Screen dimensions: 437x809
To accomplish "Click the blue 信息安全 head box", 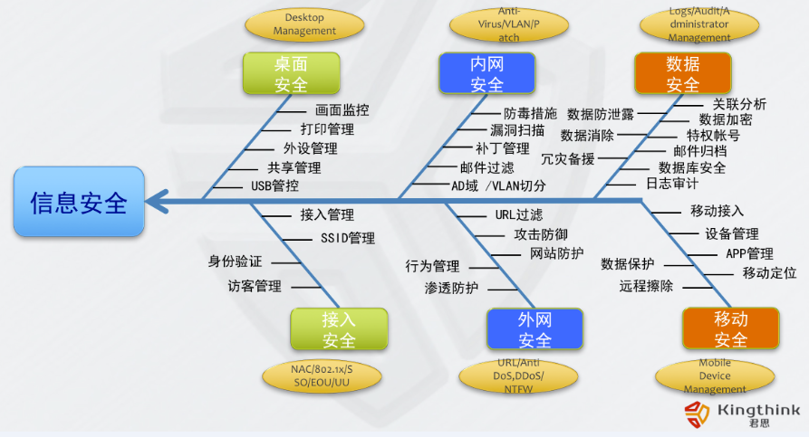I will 79,201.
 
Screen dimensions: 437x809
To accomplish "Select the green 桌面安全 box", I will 291,73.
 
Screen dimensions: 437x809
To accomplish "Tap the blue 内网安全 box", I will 486,73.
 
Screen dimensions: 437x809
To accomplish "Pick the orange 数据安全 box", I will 682,73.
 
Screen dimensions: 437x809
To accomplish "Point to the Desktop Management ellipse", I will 304,24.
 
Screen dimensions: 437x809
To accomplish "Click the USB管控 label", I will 274,185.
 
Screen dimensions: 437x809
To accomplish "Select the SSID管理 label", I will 348,239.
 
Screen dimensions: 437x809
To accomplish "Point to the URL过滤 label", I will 519,214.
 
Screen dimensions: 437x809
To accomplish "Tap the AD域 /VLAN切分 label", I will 498,185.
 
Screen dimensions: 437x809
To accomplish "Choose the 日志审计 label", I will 671,183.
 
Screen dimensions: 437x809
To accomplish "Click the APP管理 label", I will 749,253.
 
